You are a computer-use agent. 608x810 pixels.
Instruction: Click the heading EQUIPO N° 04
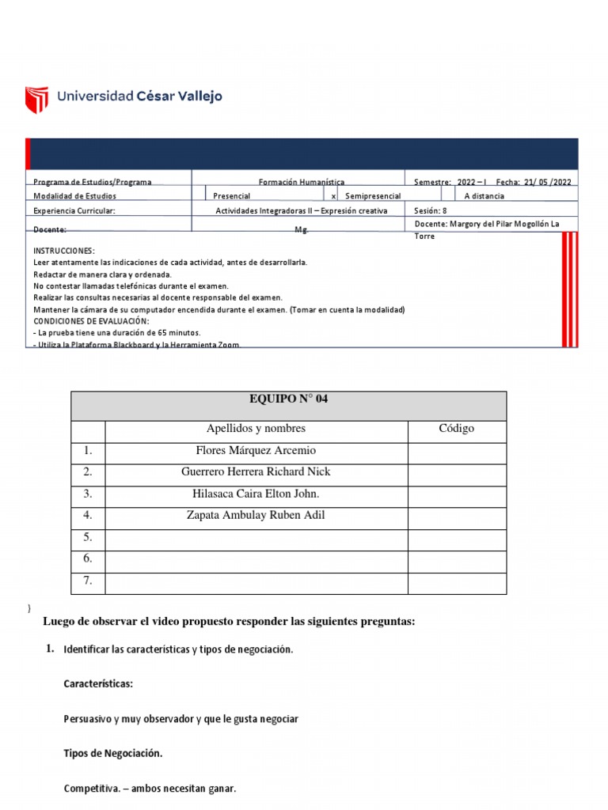pos(288,399)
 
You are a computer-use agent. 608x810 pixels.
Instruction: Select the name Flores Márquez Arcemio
pos(255,450)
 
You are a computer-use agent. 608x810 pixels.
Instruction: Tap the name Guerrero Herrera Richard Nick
pos(256,471)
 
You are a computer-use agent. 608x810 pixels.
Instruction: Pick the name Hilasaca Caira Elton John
pos(255,494)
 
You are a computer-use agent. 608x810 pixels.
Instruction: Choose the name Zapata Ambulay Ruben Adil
pos(255,516)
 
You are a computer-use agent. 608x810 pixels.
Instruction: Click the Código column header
pos(456,429)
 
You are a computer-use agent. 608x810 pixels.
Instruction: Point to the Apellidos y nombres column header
pos(255,429)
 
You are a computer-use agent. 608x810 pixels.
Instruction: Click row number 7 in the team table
pos(88,581)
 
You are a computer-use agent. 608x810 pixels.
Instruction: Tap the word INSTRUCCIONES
pos(64,250)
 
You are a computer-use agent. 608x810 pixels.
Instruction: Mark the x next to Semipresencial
pos(333,196)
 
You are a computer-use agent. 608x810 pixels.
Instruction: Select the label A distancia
pos(484,196)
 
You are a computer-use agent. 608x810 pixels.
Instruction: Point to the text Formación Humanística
pos(301,182)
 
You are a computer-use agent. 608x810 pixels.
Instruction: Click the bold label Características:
pos(98,683)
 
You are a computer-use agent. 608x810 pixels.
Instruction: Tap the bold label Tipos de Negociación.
pos(112,754)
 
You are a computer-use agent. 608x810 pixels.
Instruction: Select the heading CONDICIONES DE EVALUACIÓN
pos(91,321)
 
